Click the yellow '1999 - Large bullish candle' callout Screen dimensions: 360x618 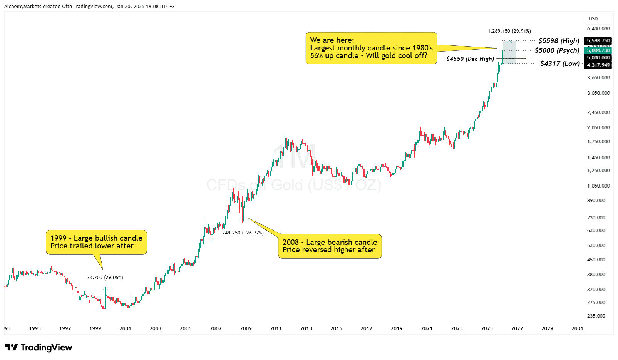(x=96, y=242)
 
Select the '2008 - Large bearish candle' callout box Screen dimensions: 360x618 (x=330, y=246)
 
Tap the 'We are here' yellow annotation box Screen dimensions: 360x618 (x=371, y=48)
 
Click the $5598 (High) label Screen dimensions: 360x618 (x=559, y=41)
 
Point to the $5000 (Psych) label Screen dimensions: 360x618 (x=557, y=50)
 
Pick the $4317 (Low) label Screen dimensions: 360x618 (x=560, y=64)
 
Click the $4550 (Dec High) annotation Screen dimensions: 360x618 (x=470, y=59)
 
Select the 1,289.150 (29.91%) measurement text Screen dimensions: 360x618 (x=509, y=31)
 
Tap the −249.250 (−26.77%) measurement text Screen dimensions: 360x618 (x=241, y=233)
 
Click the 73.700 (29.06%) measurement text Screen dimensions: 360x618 (x=105, y=278)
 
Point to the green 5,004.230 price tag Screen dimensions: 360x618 (x=598, y=50)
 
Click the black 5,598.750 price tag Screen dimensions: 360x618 (x=598, y=41)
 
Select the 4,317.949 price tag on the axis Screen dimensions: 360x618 (x=598, y=65)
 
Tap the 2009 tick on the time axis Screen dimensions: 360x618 (x=246, y=328)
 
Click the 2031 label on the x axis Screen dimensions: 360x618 (x=577, y=328)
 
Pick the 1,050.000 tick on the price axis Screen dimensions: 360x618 (x=598, y=186)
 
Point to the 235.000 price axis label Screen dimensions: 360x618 (x=596, y=316)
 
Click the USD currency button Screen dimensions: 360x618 (x=593, y=19)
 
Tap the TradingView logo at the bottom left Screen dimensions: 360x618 (x=39, y=348)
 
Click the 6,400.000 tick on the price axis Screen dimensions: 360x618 (x=598, y=29)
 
